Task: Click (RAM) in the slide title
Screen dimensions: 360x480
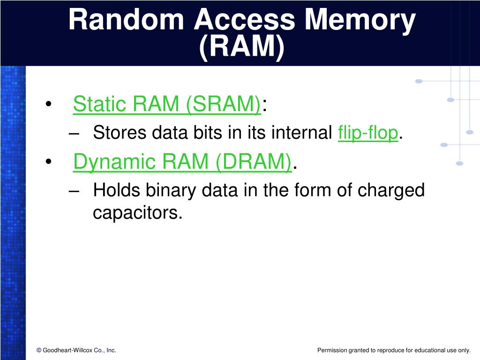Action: (x=242, y=48)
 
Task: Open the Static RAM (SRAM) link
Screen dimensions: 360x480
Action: (x=167, y=104)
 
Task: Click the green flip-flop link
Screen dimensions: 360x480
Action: (x=368, y=133)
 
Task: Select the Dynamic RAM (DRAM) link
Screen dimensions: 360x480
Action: (x=183, y=162)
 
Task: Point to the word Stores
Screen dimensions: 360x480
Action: (x=119, y=133)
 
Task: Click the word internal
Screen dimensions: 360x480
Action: (x=301, y=133)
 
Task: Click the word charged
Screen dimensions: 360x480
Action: (x=391, y=191)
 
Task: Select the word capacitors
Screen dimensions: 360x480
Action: (x=136, y=213)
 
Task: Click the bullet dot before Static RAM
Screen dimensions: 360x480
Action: (x=49, y=105)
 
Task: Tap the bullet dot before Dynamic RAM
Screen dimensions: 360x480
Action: (x=49, y=163)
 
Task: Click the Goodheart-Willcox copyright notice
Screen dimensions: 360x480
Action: (x=76, y=350)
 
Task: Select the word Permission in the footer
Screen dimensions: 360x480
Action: (x=332, y=350)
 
